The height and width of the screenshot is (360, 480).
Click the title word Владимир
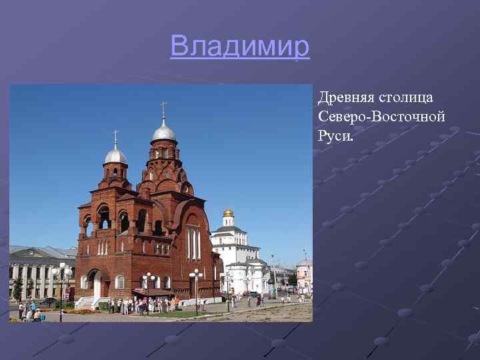click(240, 47)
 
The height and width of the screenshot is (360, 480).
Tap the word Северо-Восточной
click(381, 117)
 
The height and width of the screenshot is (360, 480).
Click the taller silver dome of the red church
click(163, 131)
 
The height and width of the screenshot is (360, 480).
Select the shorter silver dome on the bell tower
click(115, 157)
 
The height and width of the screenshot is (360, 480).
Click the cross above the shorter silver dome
click(115, 138)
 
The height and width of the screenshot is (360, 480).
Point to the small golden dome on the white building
click(229, 213)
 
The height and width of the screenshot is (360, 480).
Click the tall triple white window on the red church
click(193, 244)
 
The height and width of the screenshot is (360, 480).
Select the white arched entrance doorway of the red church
click(97, 286)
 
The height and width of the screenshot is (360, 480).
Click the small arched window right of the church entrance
click(120, 282)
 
